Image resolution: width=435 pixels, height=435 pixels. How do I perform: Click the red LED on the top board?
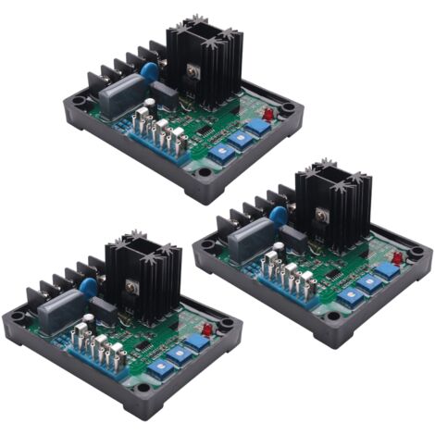tap(267, 114)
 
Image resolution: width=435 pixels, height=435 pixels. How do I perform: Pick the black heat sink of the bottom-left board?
tap(139, 276)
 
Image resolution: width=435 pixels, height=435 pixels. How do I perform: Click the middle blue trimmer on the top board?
tap(240, 140)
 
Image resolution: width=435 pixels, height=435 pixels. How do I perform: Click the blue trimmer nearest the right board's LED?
tap(387, 269)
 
